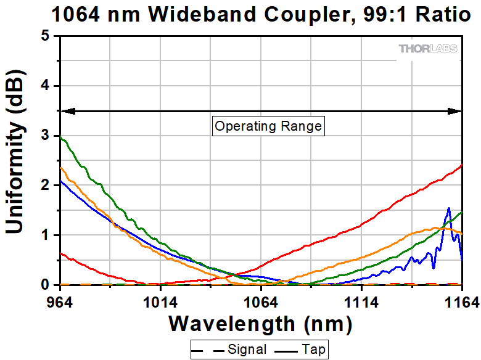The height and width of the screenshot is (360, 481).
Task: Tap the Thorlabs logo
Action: [x=429, y=49]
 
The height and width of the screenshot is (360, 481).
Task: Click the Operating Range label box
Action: [x=268, y=126]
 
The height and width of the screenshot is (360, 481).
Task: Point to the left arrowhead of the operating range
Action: [x=67, y=112]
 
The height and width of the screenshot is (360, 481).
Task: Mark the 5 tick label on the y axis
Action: [x=44, y=36]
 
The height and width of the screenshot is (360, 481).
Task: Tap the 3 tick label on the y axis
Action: [x=44, y=136]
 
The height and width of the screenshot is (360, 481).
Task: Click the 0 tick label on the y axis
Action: [x=44, y=285]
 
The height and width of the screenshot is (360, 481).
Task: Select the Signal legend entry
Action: [x=232, y=350]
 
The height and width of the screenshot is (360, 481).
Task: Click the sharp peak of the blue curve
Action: [x=449, y=208]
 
